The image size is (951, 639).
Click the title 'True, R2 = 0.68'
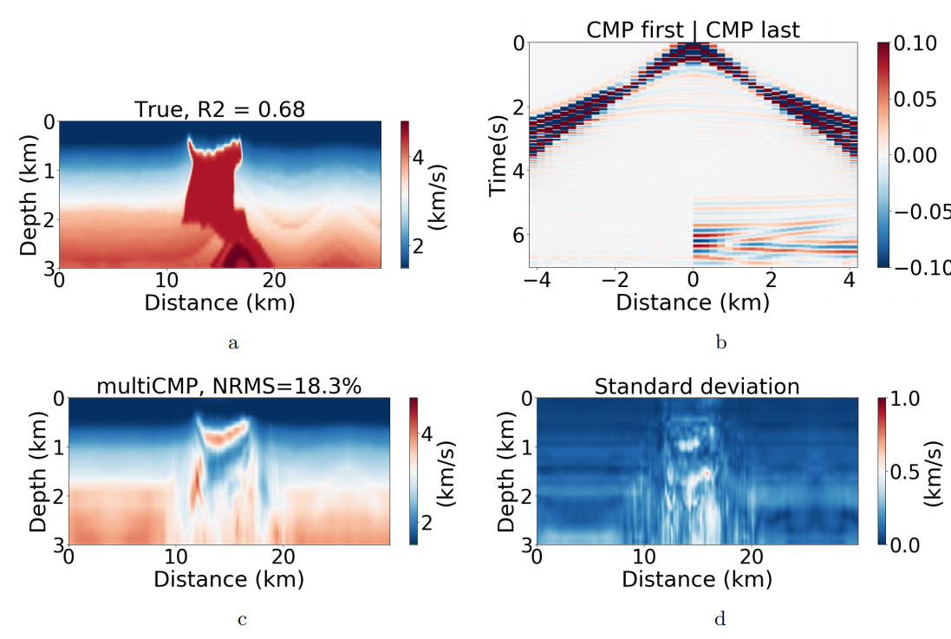(x=219, y=110)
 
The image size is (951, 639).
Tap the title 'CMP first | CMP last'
(x=694, y=30)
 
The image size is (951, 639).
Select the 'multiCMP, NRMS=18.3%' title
(x=228, y=387)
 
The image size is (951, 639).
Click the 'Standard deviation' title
(x=697, y=387)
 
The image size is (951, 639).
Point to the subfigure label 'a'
(x=232, y=343)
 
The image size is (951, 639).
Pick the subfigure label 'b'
(x=720, y=343)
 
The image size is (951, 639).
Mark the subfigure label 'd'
(x=720, y=618)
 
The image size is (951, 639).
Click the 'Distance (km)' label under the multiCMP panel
(x=229, y=579)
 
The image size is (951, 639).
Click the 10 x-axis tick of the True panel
(x=166, y=280)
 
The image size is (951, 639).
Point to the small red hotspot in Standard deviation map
(x=707, y=473)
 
